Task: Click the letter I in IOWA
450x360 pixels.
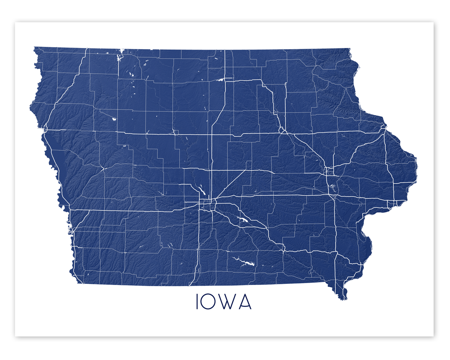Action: point(197,301)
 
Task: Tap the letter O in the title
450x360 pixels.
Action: point(209,301)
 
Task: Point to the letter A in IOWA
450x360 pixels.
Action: point(244,301)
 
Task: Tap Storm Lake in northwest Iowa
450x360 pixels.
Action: point(114,120)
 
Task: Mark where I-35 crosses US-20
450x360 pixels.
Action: point(212,134)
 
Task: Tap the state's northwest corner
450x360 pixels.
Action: point(34,48)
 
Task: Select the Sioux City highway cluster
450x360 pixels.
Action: point(45,129)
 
